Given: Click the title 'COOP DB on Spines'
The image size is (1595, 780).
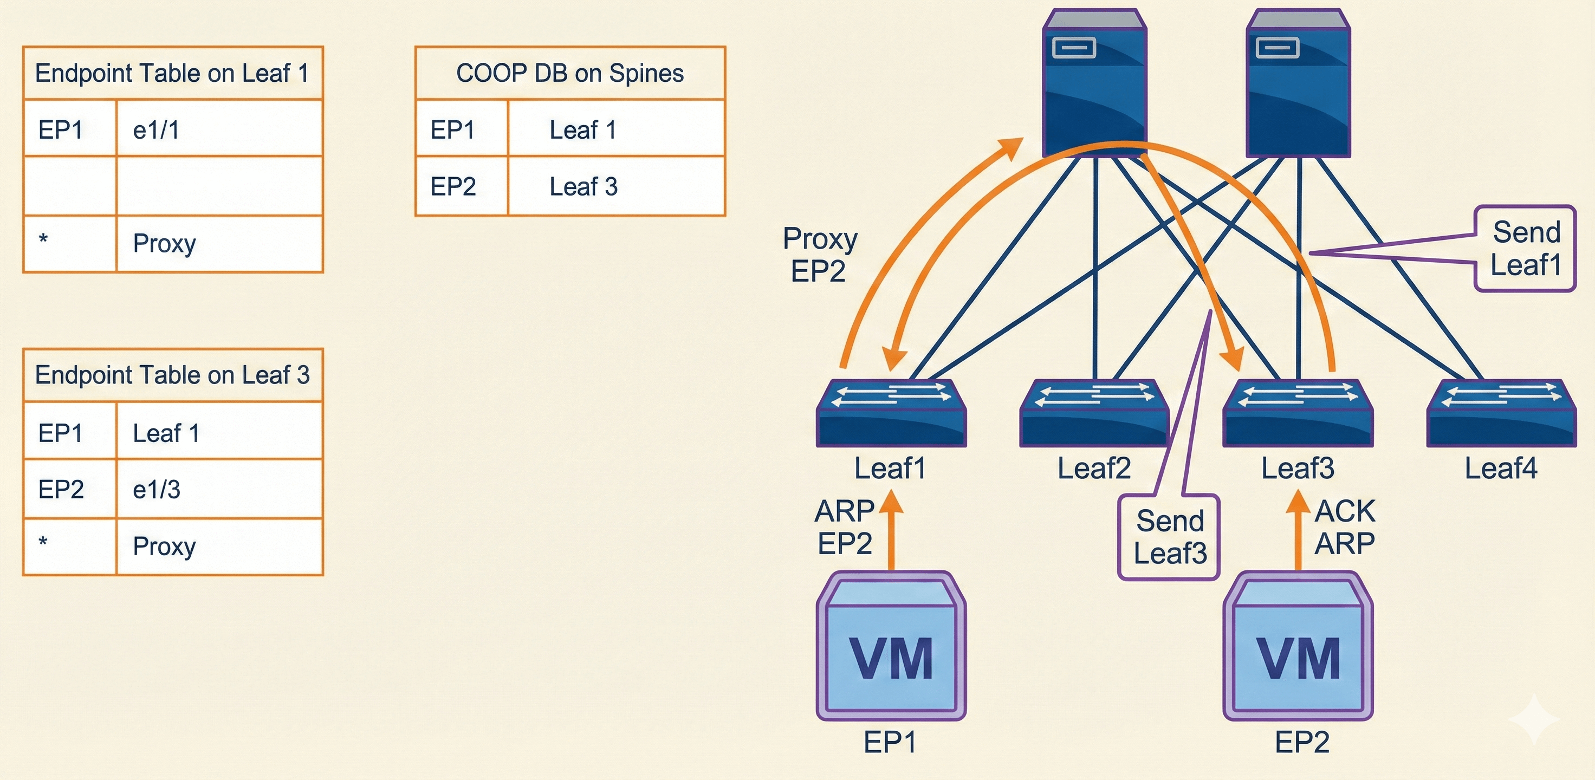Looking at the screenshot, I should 569,73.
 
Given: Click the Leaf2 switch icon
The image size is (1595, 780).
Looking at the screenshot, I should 1093,413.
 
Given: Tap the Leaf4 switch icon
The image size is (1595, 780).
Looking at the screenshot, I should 1501,413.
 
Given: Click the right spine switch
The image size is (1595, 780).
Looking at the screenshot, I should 1298,83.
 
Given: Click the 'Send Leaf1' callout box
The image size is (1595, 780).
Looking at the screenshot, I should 1525,249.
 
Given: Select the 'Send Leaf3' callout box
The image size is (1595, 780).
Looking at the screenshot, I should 1169,537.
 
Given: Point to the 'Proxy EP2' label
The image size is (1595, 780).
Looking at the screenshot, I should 819,255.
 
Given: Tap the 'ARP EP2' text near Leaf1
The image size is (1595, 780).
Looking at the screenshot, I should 845,528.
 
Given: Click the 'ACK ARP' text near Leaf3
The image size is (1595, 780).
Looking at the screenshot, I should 1345,528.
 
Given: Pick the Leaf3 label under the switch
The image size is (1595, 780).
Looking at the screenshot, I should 1298,469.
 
